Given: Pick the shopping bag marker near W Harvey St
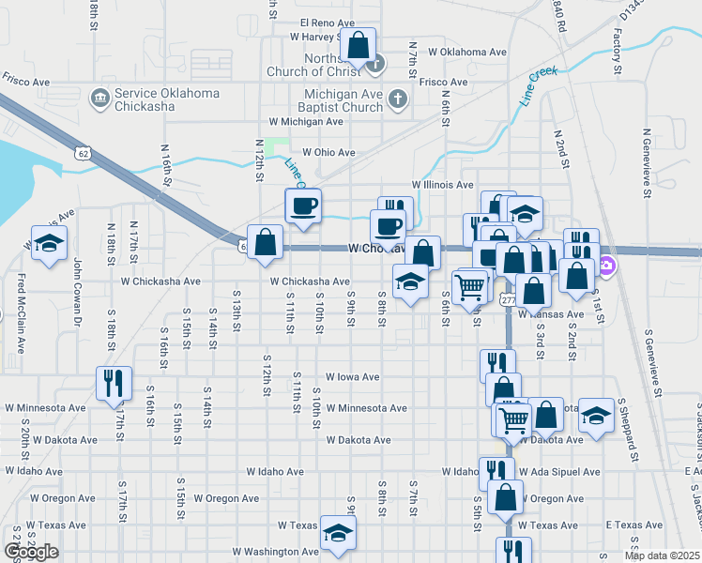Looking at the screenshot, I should coord(358,45).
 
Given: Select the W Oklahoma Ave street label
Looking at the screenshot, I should coord(466,53).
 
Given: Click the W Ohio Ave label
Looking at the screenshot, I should coord(328,152).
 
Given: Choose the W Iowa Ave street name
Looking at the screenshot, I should coord(352,376).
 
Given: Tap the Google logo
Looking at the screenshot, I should coord(31,552).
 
